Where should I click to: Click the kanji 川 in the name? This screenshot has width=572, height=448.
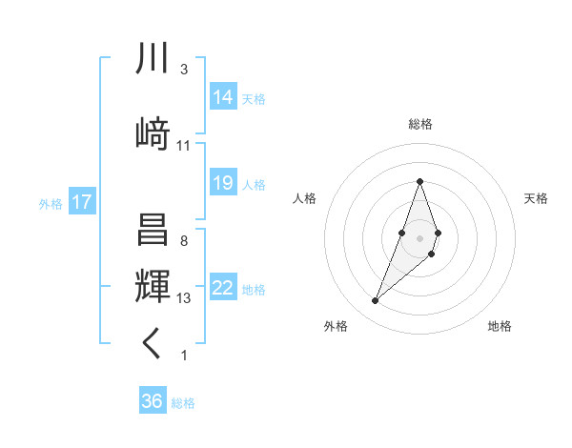click(x=153, y=58)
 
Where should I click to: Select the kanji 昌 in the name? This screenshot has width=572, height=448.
click(x=153, y=230)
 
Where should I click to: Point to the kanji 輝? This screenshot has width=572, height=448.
click(x=153, y=287)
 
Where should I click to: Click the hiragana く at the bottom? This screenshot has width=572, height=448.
click(x=153, y=344)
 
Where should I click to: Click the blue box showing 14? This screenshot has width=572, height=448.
click(x=223, y=96)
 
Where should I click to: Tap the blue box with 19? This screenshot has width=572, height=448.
click(x=223, y=183)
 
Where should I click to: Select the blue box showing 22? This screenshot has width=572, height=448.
click(x=223, y=288)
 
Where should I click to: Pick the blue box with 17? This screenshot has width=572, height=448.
click(x=81, y=202)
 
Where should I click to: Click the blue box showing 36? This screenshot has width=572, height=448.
click(x=152, y=401)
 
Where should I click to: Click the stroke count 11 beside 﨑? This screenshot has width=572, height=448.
click(x=184, y=146)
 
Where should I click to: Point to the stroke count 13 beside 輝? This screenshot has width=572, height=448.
click(x=184, y=298)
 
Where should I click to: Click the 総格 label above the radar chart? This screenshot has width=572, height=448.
click(x=419, y=124)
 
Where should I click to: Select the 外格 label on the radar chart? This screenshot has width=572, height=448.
click(x=335, y=326)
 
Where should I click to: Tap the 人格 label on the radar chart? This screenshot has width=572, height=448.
click(x=305, y=198)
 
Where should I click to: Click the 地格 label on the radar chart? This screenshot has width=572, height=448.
click(x=500, y=326)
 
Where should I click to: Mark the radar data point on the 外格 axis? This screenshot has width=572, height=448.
click(x=375, y=301)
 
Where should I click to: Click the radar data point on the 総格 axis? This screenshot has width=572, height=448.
click(x=419, y=181)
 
